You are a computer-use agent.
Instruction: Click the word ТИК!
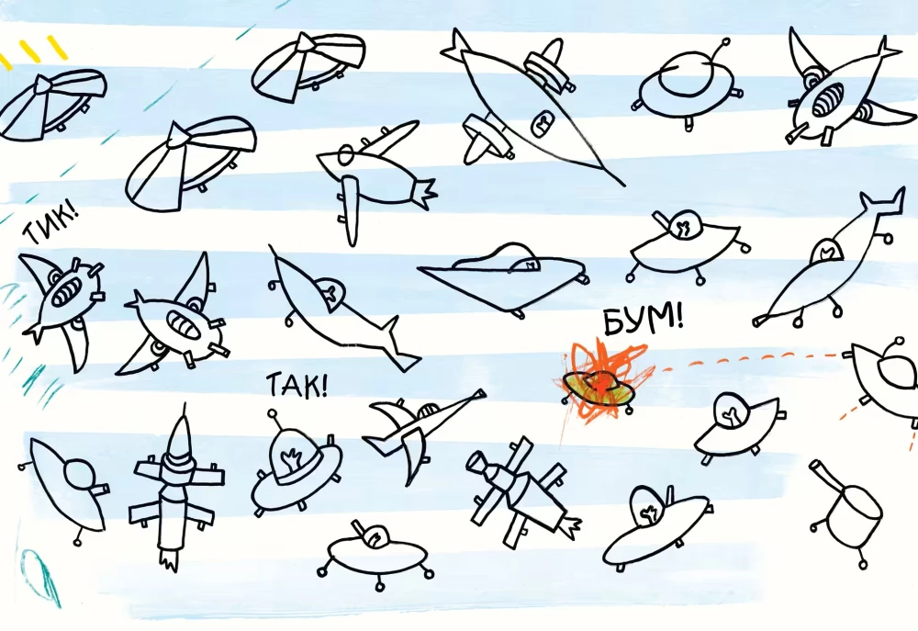point(50,224)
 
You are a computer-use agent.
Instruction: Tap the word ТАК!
point(297,385)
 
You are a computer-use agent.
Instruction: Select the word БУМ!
point(643,321)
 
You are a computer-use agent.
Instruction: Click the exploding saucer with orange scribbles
point(599,386)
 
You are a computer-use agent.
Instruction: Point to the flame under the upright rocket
point(169,559)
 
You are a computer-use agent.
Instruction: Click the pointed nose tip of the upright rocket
point(185,405)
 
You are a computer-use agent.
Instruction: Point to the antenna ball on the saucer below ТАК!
point(273,414)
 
